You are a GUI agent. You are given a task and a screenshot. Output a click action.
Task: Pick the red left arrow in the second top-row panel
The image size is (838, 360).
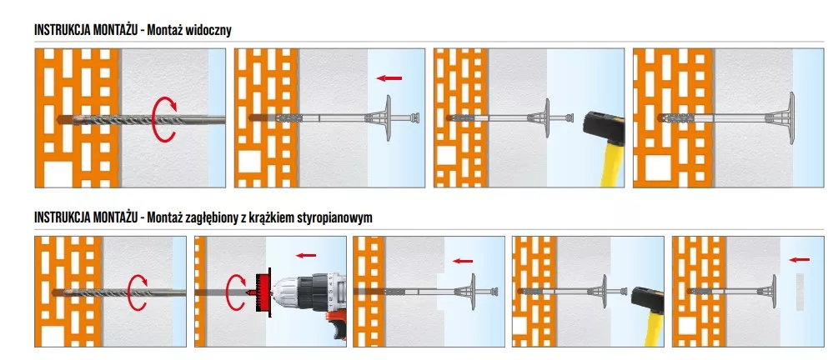tap(389, 78)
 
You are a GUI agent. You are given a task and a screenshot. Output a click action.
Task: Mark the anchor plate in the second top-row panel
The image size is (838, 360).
tap(386, 117)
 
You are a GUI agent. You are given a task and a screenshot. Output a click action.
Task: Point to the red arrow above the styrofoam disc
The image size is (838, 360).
tap(798, 258)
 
